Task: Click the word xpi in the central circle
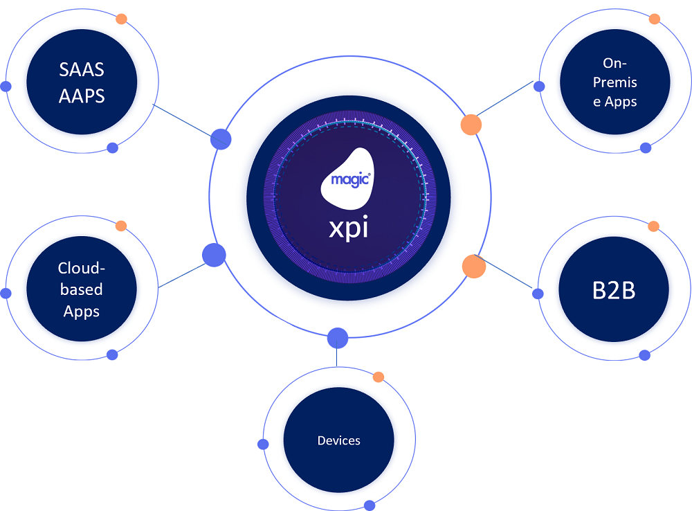pos(348,226)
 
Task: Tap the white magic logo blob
pos(348,176)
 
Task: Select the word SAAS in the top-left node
pos(82,70)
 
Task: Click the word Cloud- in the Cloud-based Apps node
pos(82,268)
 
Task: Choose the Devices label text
pos(338,440)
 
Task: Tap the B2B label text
pos(613,291)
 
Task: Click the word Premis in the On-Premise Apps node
pos(614,82)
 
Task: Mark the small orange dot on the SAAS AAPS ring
pos(121,19)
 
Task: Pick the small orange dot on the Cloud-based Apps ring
pos(121,226)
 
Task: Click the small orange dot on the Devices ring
pos(378,377)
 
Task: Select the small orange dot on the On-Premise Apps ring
pos(654,19)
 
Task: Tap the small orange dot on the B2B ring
pos(653,226)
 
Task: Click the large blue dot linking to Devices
pos(337,338)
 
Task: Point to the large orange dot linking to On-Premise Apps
pos(471,125)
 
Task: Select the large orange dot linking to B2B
pos(473,266)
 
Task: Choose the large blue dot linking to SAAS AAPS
pos(221,138)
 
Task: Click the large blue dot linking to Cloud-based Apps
pos(214,256)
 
